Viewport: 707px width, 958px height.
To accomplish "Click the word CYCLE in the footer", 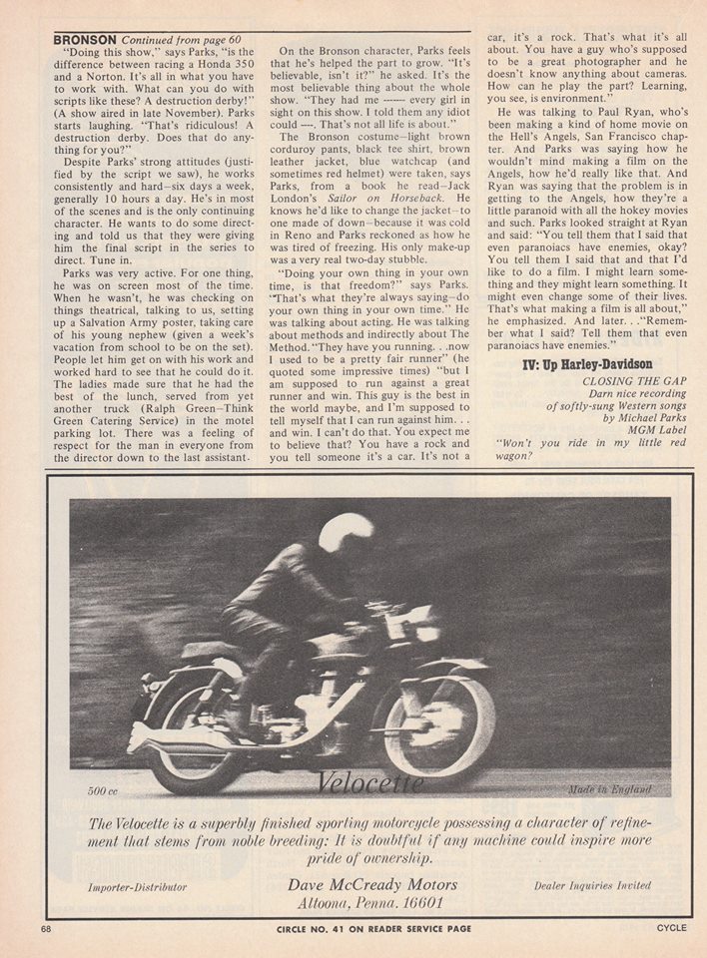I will [670, 929].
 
